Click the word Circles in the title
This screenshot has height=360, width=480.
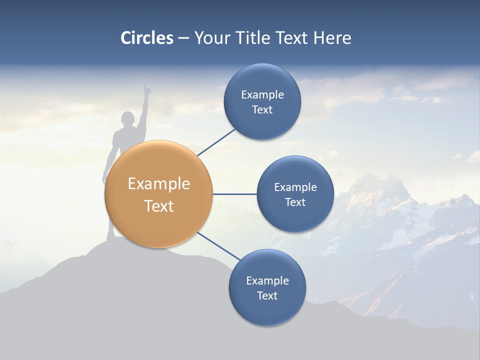click(146, 38)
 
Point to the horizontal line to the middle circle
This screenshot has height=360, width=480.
click(234, 194)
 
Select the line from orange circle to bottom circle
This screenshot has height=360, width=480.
click(218, 246)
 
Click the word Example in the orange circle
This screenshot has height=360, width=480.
click(158, 184)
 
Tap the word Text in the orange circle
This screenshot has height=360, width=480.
click(158, 206)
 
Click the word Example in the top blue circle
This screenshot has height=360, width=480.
click(262, 95)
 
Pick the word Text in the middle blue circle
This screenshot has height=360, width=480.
click(295, 202)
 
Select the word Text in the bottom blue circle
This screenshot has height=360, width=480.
click(267, 295)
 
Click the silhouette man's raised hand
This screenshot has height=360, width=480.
click(146, 89)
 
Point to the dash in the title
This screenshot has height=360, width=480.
click(183, 38)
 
